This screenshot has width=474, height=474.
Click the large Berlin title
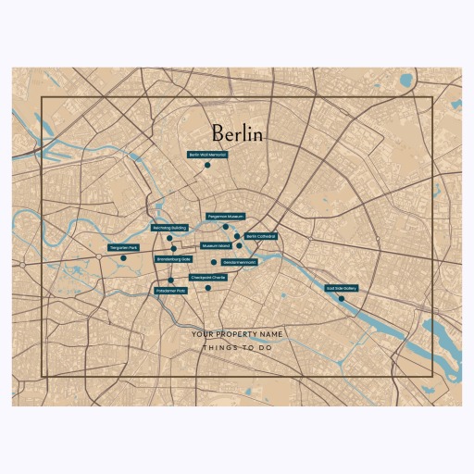tap(236, 134)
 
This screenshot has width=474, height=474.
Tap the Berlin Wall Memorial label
tap(207, 155)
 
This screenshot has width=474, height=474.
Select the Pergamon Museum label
tap(225, 216)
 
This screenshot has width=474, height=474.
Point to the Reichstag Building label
tap(169, 227)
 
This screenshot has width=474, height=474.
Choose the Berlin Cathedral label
tap(260, 236)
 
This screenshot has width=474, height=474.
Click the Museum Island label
tap(216, 245)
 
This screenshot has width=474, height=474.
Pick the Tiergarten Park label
tap(123, 248)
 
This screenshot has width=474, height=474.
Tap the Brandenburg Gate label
tap(174, 259)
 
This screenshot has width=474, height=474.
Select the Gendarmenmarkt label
tap(239, 262)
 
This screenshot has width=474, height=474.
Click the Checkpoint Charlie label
tap(208, 277)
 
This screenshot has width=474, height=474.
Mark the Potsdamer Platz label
tap(170, 291)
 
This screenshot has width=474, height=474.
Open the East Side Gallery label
tap(342, 288)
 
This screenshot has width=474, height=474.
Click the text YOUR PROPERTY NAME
tap(236, 333)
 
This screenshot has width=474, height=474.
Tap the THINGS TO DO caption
tap(236, 349)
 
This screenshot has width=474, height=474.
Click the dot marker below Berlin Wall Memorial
tap(207, 166)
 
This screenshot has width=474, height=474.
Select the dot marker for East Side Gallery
tap(342, 298)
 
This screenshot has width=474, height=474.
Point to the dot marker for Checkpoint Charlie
tap(208, 288)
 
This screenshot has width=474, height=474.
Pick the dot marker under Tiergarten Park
tap(123, 258)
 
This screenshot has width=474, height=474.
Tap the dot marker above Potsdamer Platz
tap(170, 280)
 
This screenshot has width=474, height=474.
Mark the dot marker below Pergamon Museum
tap(225, 226)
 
